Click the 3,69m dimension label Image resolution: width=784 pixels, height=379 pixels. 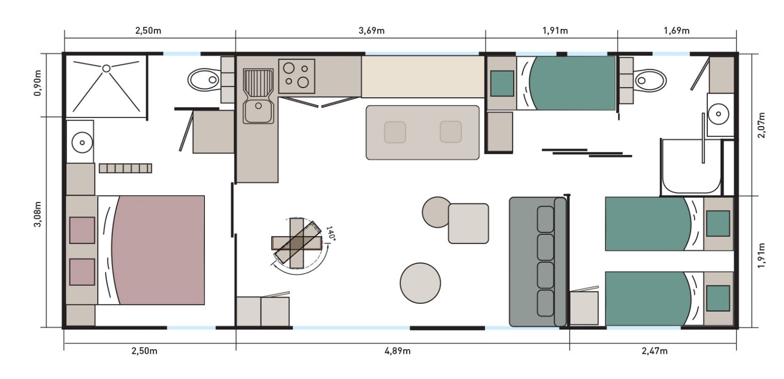(x=371, y=31)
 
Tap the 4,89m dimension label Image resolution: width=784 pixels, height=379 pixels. (x=397, y=351)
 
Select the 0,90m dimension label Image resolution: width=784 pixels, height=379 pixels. (x=38, y=83)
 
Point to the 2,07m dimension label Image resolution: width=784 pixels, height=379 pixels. (x=761, y=125)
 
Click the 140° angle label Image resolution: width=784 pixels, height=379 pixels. (x=330, y=233)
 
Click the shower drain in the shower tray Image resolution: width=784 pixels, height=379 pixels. (x=107, y=68)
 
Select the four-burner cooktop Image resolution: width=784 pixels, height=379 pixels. (x=297, y=76)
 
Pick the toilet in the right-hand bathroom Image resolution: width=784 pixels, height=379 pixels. (x=650, y=80)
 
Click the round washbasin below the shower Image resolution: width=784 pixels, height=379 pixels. (x=82, y=143)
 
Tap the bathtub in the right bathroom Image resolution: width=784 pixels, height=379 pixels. (x=691, y=166)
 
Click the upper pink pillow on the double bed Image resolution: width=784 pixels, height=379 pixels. (x=82, y=230)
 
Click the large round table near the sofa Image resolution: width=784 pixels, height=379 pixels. (x=421, y=283)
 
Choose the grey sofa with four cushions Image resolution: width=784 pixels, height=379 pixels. (x=537, y=262)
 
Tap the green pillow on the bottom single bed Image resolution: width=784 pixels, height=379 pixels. (x=718, y=298)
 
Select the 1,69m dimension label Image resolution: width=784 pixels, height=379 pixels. (x=676, y=31)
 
